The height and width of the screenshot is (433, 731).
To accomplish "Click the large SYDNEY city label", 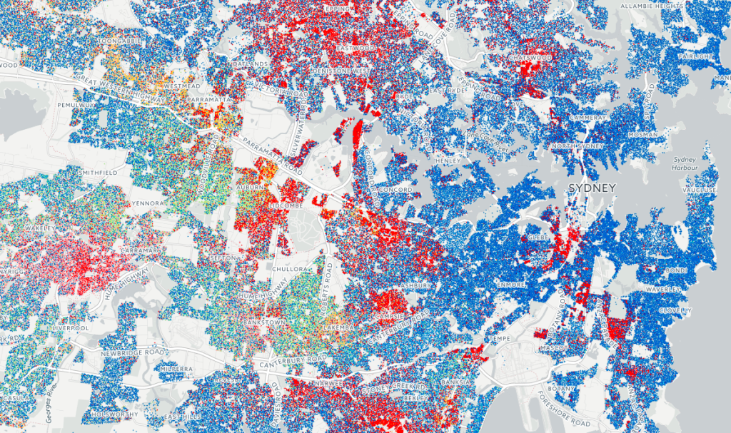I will pos(592,188).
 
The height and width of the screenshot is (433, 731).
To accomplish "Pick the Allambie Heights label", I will pos(648,6).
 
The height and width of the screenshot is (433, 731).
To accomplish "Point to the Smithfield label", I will pos(99,173).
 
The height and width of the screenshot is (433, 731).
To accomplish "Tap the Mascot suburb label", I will pos(556,348).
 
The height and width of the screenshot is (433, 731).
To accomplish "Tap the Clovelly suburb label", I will pos(675,311).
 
